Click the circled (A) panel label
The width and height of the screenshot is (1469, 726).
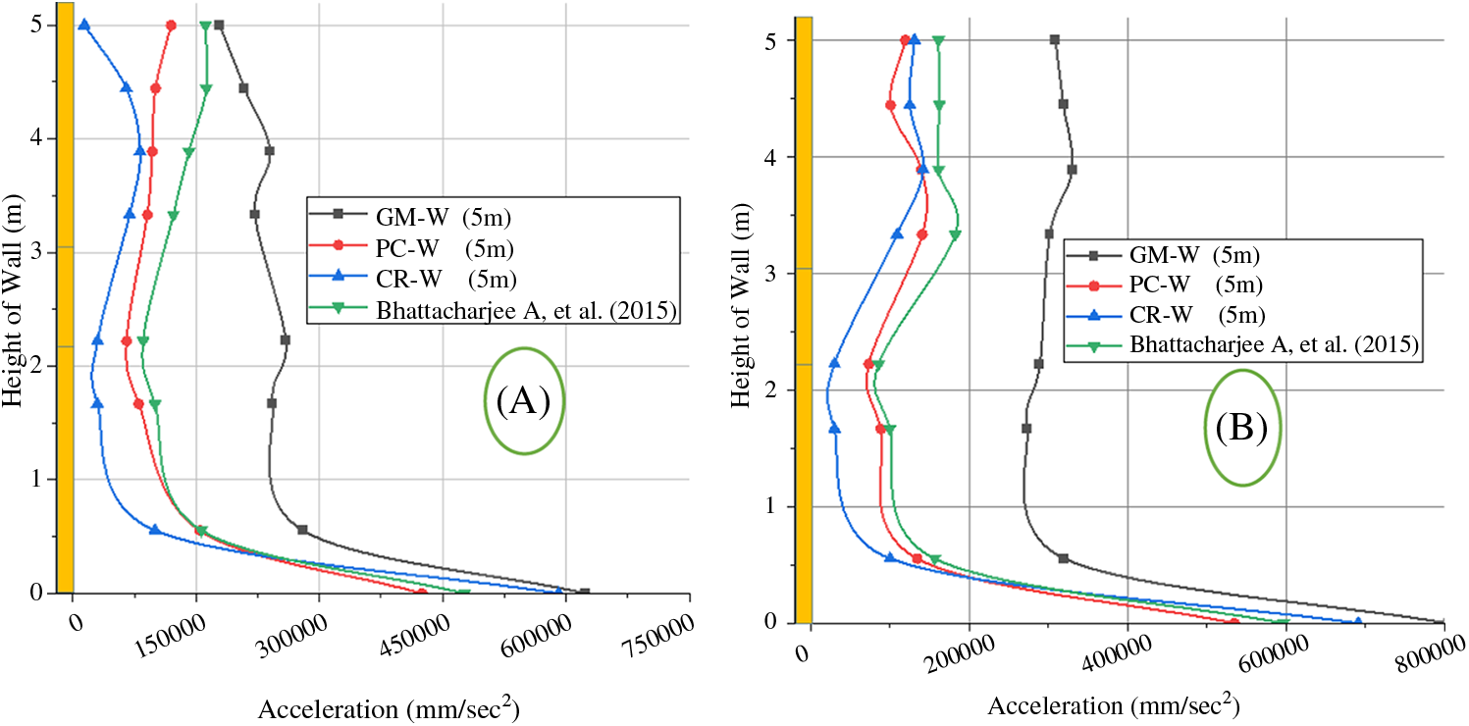tap(524, 400)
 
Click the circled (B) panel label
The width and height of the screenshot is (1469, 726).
tap(1243, 427)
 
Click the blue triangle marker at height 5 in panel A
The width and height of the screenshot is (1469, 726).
tap(84, 25)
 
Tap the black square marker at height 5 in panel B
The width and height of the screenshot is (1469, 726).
tap(1055, 40)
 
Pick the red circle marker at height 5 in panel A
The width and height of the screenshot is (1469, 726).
tap(171, 25)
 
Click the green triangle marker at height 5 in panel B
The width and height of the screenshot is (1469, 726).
tap(939, 41)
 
